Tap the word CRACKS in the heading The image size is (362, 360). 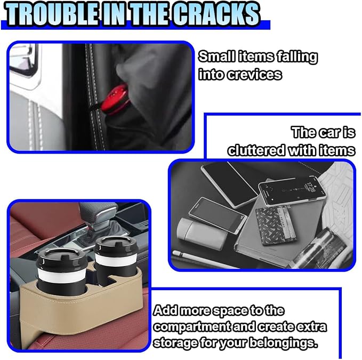coord(216,14)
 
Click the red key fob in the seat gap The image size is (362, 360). coord(115,100)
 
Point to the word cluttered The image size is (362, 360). coord(256,150)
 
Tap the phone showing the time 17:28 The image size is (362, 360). coord(292,191)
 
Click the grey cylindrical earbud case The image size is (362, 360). coord(202,233)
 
